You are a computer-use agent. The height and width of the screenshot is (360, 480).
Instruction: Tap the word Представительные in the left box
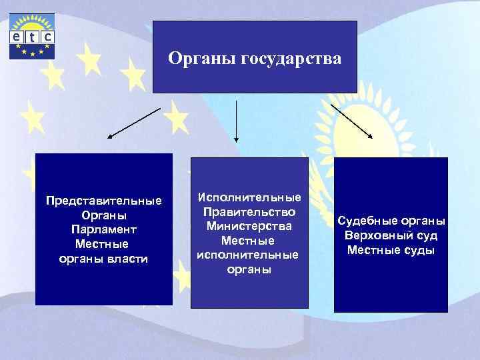click(103, 201)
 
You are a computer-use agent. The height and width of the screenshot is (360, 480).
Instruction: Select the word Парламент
click(103, 229)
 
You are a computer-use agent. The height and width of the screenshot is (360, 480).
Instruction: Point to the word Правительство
click(249, 212)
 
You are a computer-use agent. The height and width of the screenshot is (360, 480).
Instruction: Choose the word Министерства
click(249, 226)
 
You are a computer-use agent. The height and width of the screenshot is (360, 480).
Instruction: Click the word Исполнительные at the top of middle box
click(249, 198)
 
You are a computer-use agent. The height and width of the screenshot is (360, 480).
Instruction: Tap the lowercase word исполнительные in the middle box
click(249, 255)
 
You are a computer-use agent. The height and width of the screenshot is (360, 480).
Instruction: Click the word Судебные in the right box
click(365, 221)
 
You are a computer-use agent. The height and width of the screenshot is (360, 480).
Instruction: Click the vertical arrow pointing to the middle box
click(236, 123)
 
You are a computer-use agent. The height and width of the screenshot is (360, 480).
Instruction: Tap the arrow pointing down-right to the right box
click(353, 122)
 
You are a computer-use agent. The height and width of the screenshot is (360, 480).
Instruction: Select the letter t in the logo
click(32, 37)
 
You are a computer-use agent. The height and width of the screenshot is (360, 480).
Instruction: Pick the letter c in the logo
click(47, 37)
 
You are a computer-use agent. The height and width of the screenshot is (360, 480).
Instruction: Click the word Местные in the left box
click(103, 244)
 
